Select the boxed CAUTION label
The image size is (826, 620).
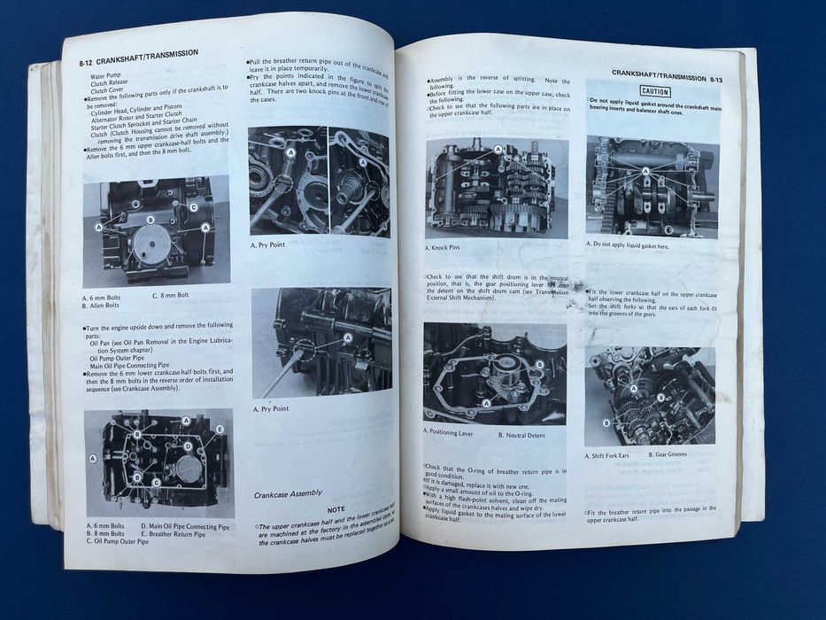point(654,91)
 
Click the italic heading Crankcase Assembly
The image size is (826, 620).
point(288,493)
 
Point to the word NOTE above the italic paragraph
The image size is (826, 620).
point(336,509)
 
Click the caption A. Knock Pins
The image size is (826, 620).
point(449,248)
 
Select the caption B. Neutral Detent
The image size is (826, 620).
point(528,435)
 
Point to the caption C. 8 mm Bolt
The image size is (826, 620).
point(178,295)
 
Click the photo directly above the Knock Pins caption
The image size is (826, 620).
point(497,189)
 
